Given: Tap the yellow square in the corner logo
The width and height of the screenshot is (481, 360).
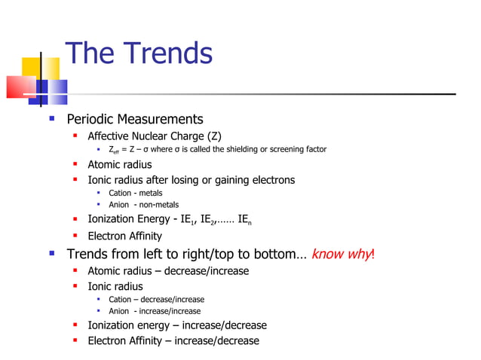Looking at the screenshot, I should (x=30, y=67).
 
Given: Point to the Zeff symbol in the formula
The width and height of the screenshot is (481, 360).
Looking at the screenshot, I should (x=114, y=150).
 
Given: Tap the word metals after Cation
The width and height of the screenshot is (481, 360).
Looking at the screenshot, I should (x=151, y=193).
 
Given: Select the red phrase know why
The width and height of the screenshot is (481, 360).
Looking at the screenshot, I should (x=341, y=254).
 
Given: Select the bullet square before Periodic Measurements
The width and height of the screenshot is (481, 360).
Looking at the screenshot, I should (x=51, y=119).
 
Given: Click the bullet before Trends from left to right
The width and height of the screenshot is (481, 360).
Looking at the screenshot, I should (x=51, y=254).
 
